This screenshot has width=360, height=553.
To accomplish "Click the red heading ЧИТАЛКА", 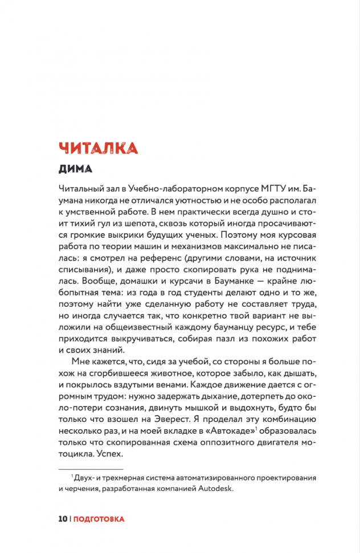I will point(97,147).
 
